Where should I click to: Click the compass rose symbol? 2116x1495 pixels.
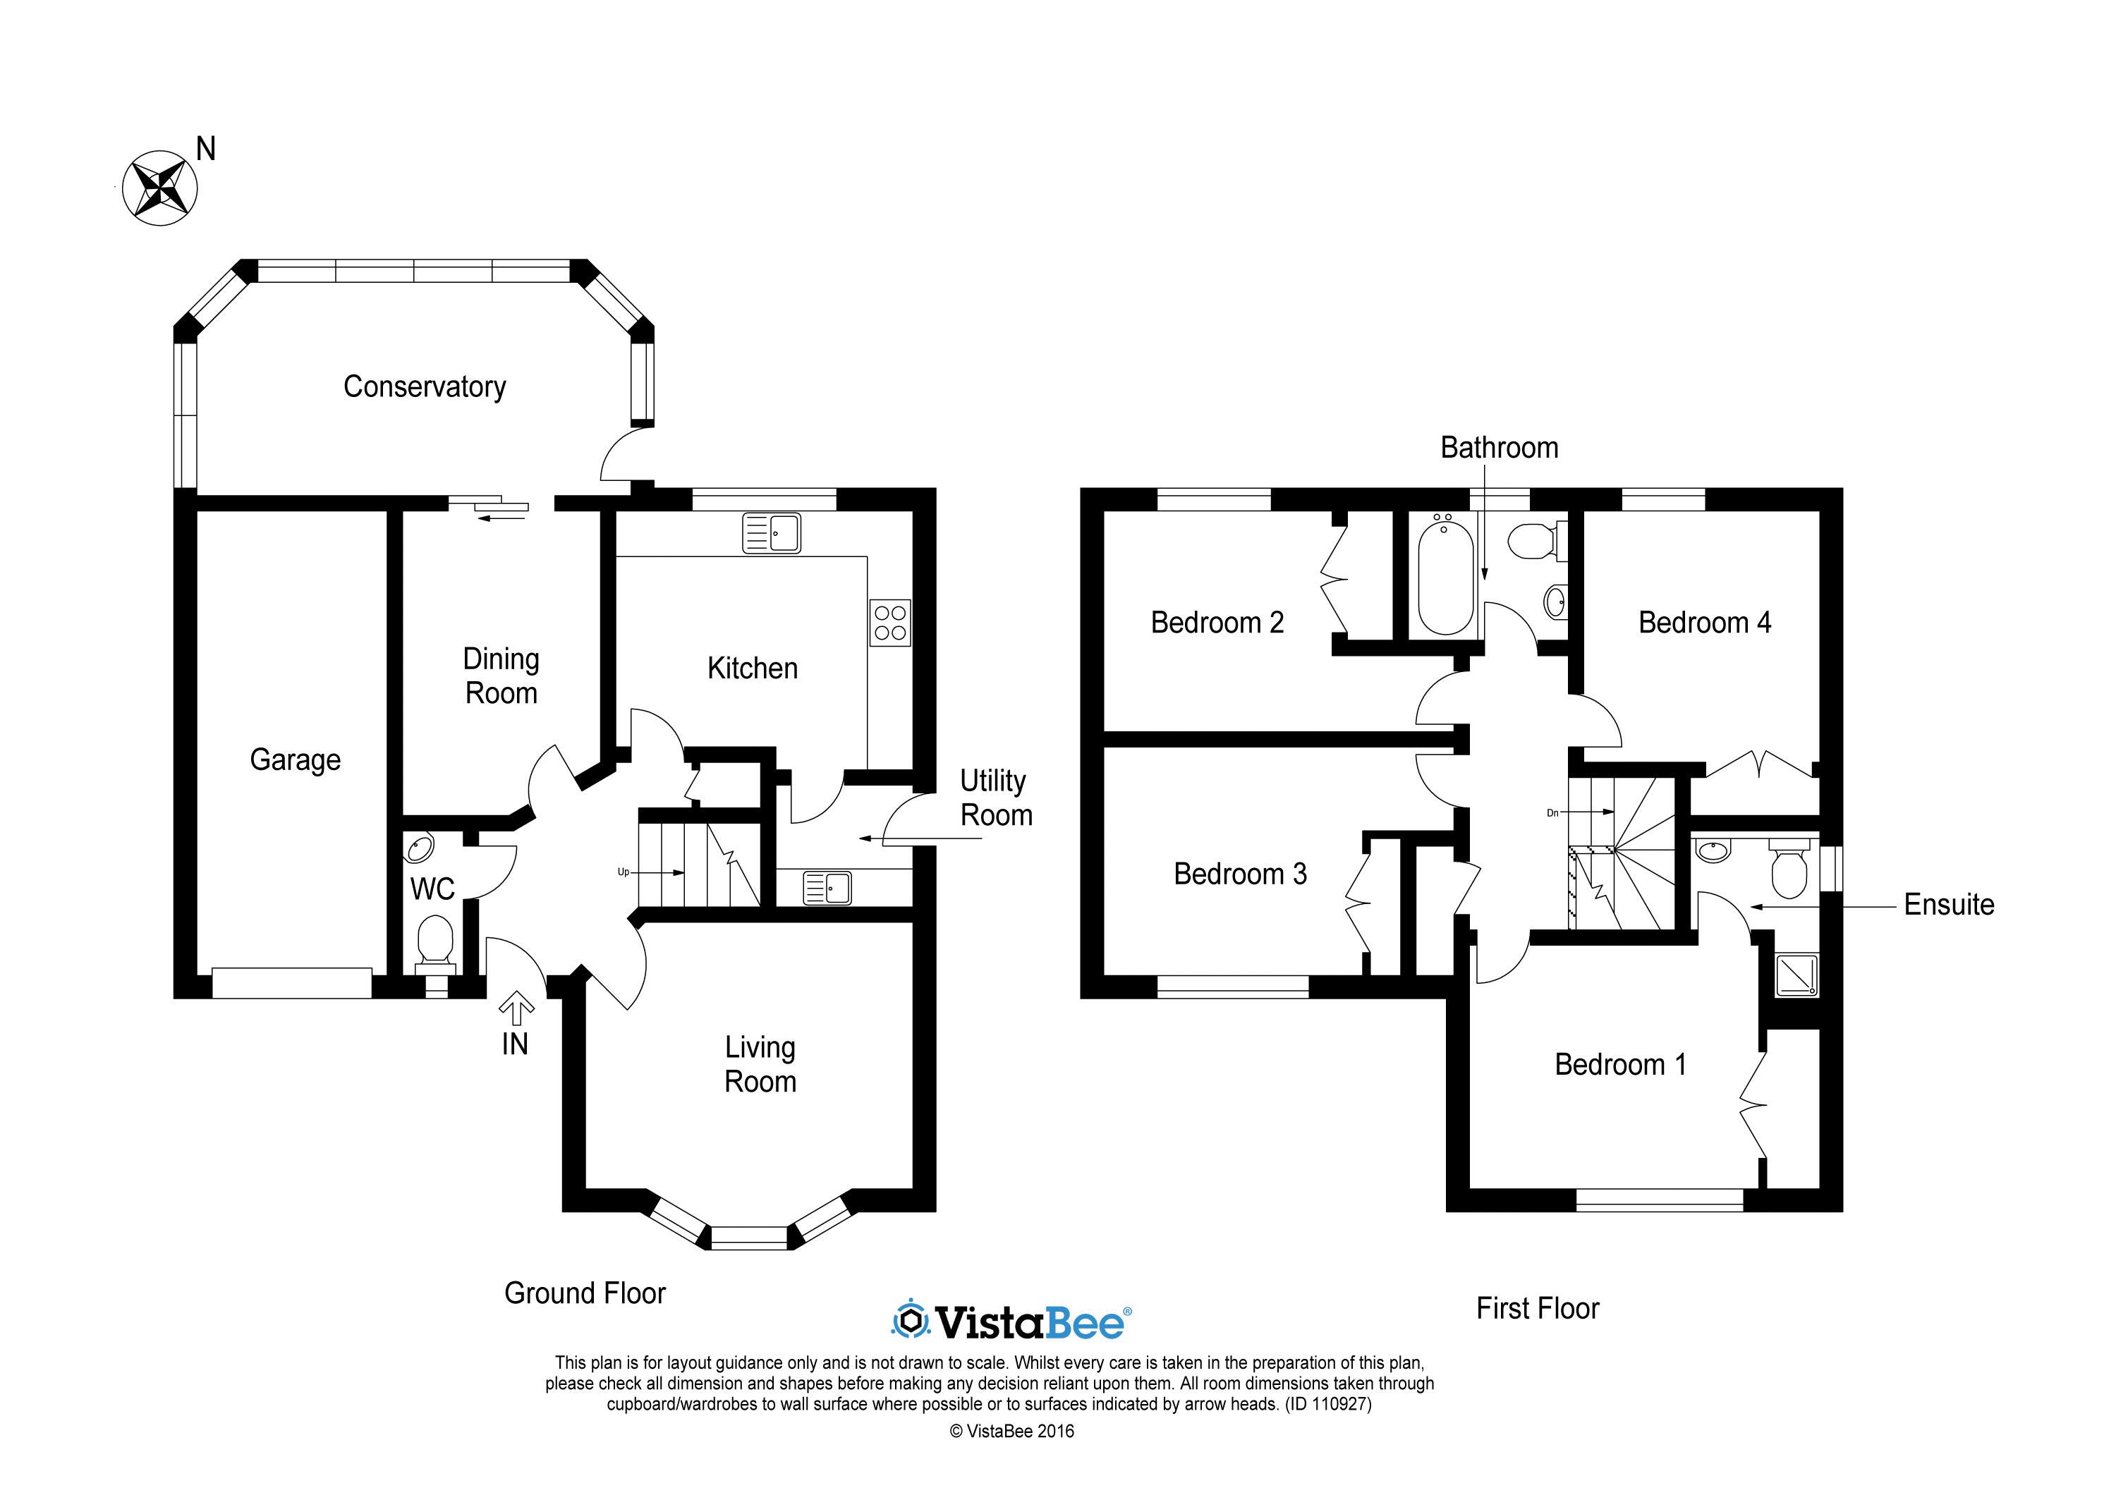tap(160, 188)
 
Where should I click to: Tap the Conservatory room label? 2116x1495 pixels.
tap(424, 387)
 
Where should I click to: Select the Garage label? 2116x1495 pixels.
tap(295, 760)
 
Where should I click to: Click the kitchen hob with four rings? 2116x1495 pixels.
tap(890, 622)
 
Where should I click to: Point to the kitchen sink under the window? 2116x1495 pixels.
tap(772, 533)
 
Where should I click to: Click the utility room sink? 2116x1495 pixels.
tap(827, 888)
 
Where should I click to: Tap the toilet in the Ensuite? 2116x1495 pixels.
tap(1789, 870)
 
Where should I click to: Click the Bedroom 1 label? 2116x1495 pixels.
tap(1620, 1065)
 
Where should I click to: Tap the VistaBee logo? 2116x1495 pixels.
tap(1011, 1322)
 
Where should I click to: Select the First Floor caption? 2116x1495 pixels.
tap(1537, 1308)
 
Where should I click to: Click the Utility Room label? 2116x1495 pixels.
tap(995, 798)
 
